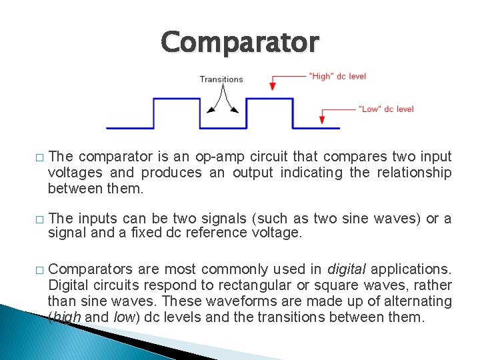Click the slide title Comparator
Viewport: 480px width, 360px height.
240,42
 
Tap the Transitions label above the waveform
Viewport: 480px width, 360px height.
221,79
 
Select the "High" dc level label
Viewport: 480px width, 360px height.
337,76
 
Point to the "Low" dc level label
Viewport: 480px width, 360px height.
386,109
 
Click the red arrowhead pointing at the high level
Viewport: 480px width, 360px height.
272,86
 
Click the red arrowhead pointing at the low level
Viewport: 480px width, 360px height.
322,120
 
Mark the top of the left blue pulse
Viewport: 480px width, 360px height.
177,99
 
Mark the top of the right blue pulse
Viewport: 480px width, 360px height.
269,99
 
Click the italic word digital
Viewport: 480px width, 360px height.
347,269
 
